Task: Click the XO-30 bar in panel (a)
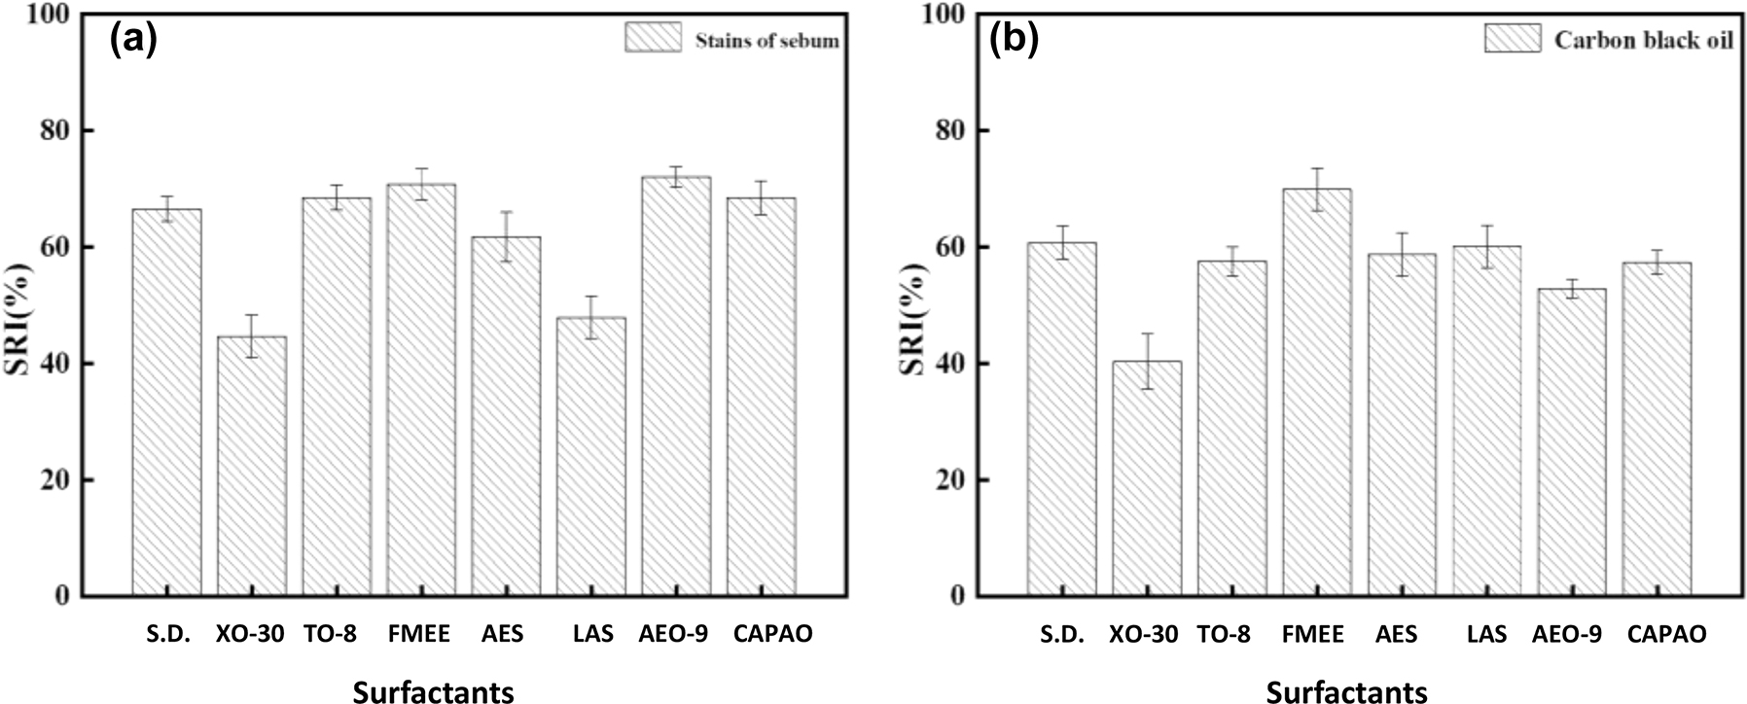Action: (x=251, y=467)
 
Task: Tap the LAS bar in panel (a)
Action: (x=590, y=457)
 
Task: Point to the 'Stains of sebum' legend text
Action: (x=767, y=41)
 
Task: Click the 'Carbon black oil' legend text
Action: (x=1643, y=40)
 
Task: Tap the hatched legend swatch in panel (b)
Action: (x=1513, y=39)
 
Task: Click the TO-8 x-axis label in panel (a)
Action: (x=329, y=635)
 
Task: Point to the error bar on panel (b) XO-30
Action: (x=1146, y=361)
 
